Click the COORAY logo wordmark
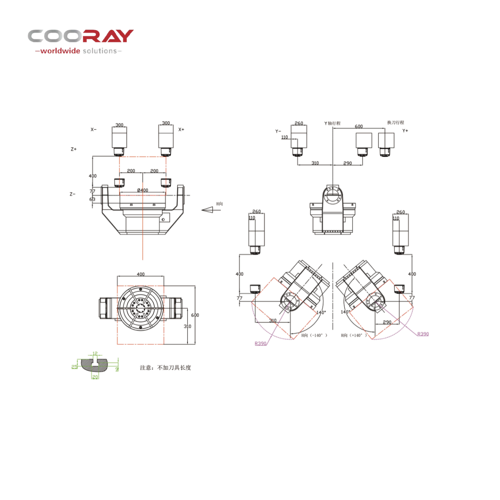pyautogui.click(x=81, y=36)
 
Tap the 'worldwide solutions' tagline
pyautogui.click(x=78, y=51)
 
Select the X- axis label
pyautogui.click(x=93, y=130)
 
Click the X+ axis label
pyautogui.click(x=181, y=130)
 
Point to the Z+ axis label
pyautogui.click(x=73, y=149)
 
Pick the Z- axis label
pyautogui.click(x=72, y=194)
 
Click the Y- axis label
pyautogui.click(x=278, y=131)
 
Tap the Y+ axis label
pyautogui.click(x=405, y=131)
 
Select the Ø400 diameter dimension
pyautogui.click(x=143, y=190)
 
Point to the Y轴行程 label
pyautogui.click(x=332, y=123)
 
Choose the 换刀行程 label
pyautogui.click(x=395, y=123)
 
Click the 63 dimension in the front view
pyautogui.click(x=92, y=199)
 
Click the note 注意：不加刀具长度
pyautogui.click(x=165, y=368)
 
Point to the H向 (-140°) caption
pyautogui.click(x=314, y=335)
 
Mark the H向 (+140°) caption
pyautogui.click(x=354, y=335)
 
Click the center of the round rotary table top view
pyautogui.click(x=141, y=306)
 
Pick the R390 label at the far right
pyautogui.click(x=423, y=334)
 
